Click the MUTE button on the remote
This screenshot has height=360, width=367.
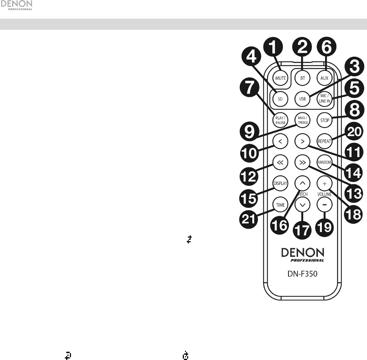coord(280,78)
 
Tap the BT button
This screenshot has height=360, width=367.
coord(302,78)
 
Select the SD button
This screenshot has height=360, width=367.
coord(280,99)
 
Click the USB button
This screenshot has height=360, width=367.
coord(302,99)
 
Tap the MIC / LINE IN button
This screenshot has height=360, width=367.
coord(325,99)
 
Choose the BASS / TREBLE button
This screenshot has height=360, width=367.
coord(302,120)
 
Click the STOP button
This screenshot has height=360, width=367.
coord(325,120)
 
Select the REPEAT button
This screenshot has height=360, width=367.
coord(325,141)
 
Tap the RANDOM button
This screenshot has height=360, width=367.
coord(325,162)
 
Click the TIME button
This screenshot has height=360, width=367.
coord(280,205)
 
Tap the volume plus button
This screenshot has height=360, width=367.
coord(325,184)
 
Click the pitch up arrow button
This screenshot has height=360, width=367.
coord(302,184)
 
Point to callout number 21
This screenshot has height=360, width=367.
coord(249,217)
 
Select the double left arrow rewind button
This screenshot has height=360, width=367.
coord(280,162)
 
